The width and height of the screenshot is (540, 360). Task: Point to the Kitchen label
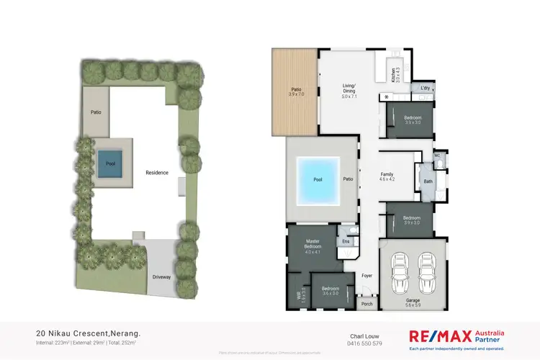(394, 72)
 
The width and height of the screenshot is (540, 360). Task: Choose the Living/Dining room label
(348, 90)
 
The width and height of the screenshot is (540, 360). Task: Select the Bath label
(428, 182)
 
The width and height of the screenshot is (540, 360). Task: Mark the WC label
(437, 155)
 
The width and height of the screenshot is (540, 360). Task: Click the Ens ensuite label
(346, 242)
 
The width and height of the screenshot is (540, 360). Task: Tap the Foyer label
(366, 275)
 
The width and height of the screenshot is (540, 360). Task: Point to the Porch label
(366, 304)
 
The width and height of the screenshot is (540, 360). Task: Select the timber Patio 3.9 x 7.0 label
(293, 91)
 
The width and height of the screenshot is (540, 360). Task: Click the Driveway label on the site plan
(162, 276)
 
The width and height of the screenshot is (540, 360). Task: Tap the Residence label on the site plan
(157, 173)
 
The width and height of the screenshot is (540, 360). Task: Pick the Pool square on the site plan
(109, 163)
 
